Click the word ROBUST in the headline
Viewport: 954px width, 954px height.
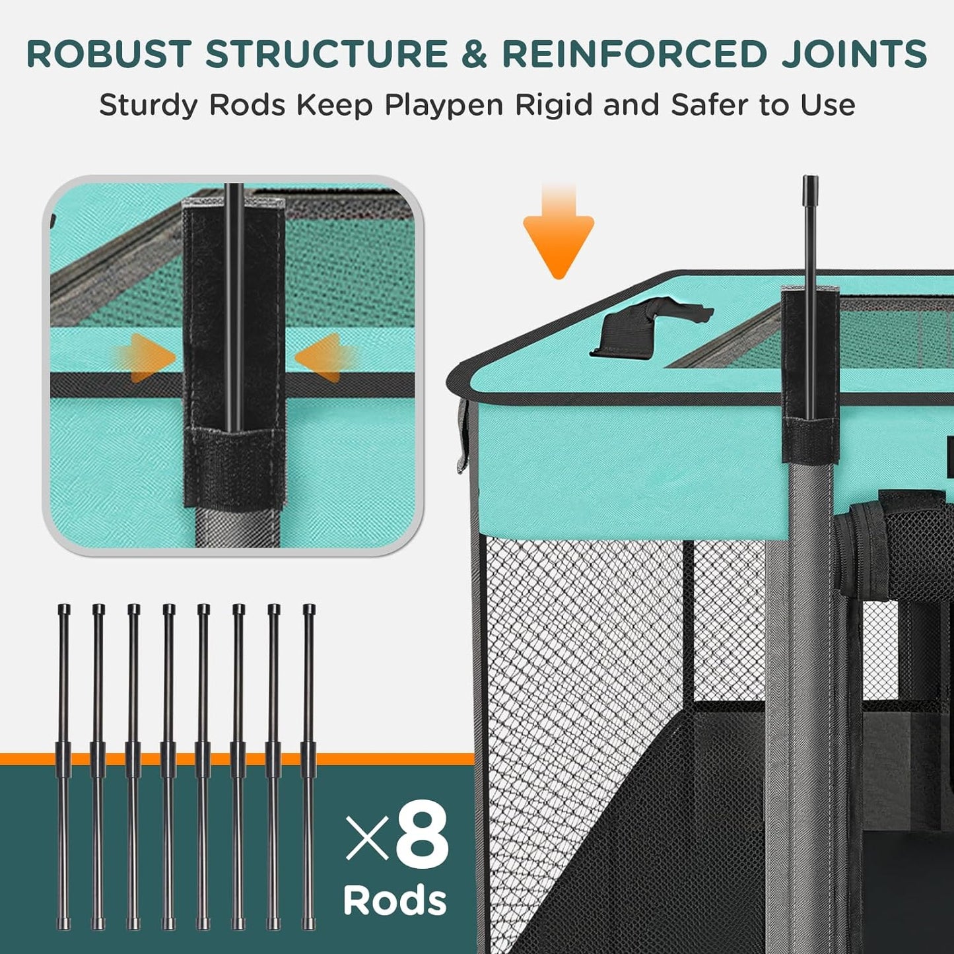(109, 54)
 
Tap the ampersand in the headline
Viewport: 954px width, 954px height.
(473, 54)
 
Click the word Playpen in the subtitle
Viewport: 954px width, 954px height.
(444, 106)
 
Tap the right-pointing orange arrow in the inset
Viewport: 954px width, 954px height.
(149, 358)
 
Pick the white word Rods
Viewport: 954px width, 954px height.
(395, 900)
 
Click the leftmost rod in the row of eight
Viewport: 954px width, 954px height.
(63, 766)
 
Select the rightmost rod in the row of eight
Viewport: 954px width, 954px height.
(309, 766)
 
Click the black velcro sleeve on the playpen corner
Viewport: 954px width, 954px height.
(810, 376)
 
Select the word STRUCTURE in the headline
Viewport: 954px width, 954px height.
(327, 54)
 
